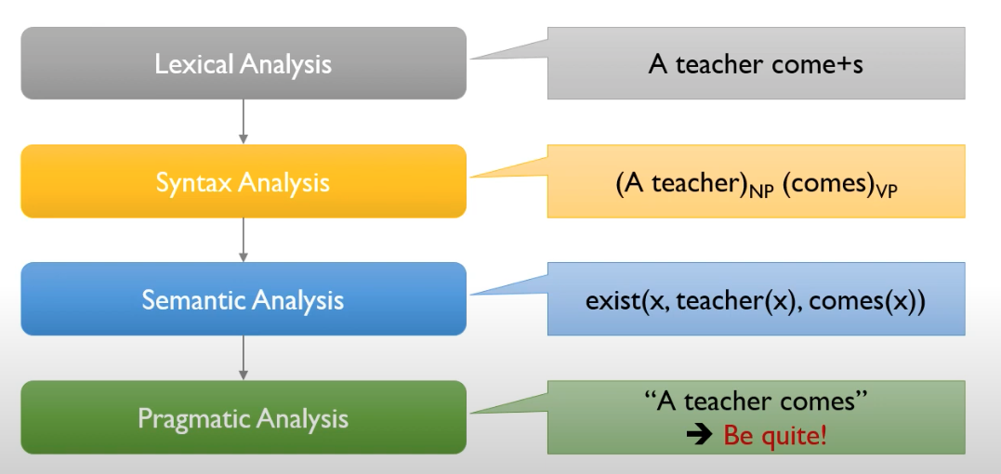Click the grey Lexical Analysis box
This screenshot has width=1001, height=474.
click(x=243, y=63)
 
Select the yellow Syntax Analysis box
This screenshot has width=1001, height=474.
click(x=243, y=181)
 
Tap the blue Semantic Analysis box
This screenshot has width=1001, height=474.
click(x=243, y=299)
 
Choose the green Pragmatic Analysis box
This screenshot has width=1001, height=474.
click(x=243, y=417)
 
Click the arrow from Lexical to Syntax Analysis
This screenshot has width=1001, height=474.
click(x=243, y=122)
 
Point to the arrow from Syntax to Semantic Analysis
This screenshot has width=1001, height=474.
click(x=243, y=240)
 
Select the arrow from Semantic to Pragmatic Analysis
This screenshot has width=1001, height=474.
click(x=243, y=358)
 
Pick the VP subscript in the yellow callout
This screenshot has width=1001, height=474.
click(x=885, y=191)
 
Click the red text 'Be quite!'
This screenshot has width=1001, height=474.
click(x=774, y=434)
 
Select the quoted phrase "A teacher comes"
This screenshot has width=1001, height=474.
click(x=756, y=402)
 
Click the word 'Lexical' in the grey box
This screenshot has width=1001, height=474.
click(x=193, y=64)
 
